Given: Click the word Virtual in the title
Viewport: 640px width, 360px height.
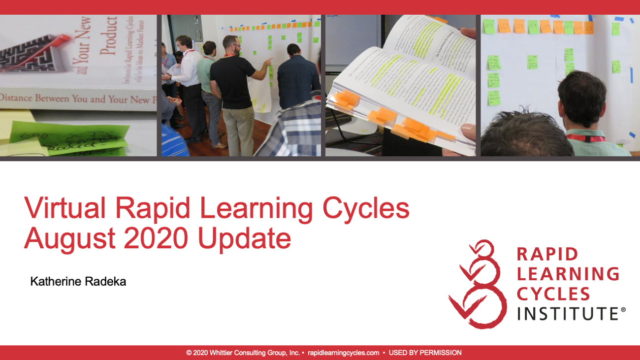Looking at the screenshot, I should click(65, 208).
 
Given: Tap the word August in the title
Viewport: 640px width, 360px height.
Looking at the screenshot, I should click(70, 239).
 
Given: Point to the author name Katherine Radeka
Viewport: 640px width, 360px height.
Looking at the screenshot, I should click(78, 282).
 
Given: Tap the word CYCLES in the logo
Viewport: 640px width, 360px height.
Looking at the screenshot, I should click(553, 294).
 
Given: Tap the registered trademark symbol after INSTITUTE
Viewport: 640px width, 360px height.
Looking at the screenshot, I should click(623, 310).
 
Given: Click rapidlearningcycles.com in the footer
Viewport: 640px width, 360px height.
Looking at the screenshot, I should click(343, 353).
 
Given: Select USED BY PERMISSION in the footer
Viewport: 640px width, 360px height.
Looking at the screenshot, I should click(425, 353).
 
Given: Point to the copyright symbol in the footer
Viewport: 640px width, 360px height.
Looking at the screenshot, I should click(189, 353).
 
